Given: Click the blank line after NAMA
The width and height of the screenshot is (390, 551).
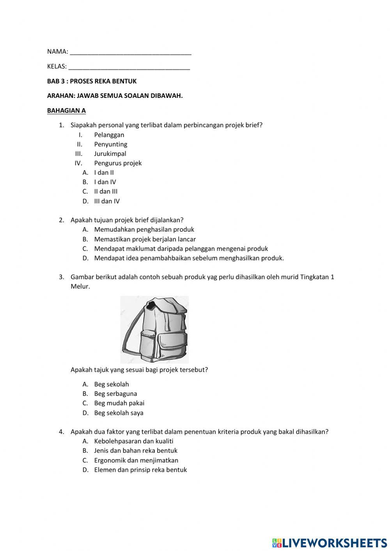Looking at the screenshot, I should (x=130, y=52).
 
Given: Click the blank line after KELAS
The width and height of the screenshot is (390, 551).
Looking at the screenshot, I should (x=129, y=67).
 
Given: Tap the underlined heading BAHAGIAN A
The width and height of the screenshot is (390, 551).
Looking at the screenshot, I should (x=66, y=110).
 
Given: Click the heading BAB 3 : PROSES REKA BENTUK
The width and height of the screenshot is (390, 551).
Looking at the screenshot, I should (x=92, y=81).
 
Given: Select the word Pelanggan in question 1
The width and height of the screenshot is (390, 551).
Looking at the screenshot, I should (x=109, y=135).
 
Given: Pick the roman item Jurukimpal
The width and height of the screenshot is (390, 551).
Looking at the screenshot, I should (x=110, y=154).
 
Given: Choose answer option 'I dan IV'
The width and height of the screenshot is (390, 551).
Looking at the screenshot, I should (x=105, y=182).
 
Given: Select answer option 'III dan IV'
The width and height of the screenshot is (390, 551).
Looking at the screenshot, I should (x=107, y=201).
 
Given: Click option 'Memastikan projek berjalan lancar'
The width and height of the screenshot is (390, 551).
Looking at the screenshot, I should (x=145, y=239).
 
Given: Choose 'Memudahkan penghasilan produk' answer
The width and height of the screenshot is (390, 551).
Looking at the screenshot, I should (x=144, y=230).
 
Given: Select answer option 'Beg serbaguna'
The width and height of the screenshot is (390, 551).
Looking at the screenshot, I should (x=115, y=394).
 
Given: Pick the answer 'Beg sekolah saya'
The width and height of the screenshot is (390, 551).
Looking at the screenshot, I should (x=119, y=413).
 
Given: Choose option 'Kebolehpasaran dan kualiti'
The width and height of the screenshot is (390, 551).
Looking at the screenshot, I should (x=133, y=441).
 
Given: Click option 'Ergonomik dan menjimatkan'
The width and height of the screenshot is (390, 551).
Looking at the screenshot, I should (x=136, y=460).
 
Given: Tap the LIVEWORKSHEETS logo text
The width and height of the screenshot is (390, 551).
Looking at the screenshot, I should (x=334, y=542).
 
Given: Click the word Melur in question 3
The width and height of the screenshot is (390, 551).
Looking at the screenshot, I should (x=80, y=287).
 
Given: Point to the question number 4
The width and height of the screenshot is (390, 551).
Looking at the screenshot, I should (x=61, y=432).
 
